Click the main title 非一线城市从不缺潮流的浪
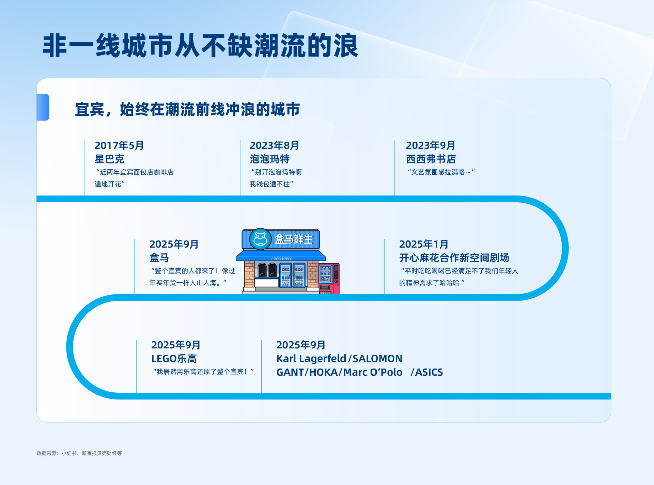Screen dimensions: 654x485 click(x=200, y=45)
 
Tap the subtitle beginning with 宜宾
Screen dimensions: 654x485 click(x=187, y=109)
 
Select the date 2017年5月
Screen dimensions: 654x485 click(x=119, y=145)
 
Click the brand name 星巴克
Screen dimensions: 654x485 click(x=109, y=159)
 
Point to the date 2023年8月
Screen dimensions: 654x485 click(x=274, y=145)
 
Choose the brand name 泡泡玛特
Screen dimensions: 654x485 click(x=270, y=159)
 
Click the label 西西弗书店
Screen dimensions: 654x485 click(x=431, y=159)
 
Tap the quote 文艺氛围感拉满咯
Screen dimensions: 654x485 click(x=441, y=172)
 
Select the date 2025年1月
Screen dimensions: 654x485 click(x=424, y=244)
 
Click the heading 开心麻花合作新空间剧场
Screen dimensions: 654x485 click(x=454, y=258)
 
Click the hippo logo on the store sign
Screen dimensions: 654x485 click(x=260, y=239)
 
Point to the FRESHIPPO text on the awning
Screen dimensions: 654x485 click(x=281, y=259)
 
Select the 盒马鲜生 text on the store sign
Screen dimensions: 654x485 click(x=294, y=239)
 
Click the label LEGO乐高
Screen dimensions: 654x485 click(x=174, y=359)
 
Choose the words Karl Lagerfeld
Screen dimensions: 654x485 click(x=311, y=359)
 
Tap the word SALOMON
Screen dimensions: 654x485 click(x=377, y=359)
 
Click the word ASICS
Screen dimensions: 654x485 click(x=429, y=372)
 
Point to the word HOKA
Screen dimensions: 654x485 click(x=324, y=372)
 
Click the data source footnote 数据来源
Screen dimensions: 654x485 click(x=79, y=453)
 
